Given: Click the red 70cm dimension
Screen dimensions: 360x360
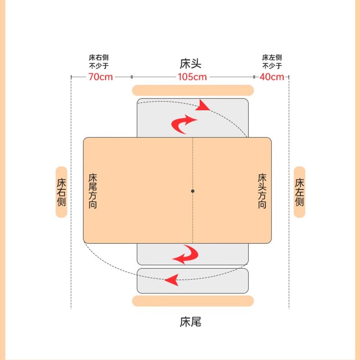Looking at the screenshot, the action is (x=100, y=77).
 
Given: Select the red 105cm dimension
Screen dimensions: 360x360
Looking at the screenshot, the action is (x=192, y=77).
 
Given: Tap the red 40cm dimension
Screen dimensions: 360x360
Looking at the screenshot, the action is (x=272, y=77).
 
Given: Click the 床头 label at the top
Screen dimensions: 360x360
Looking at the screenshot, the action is (x=190, y=63).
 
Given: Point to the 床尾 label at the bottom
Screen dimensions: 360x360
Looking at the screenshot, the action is (x=190, y=322).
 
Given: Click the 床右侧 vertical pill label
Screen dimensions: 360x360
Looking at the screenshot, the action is (x=62, y=192).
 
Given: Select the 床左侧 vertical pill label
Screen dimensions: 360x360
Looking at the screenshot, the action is (x=299, y=192).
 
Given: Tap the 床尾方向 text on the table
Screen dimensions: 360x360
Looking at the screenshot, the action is (x=93, y=191).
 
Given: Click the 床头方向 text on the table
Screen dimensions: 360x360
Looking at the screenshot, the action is (x=262, y=191).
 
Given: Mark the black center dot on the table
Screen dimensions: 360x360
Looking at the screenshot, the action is (x=193, y=191).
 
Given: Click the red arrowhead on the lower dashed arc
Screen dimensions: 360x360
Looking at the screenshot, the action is (x=172, y=279).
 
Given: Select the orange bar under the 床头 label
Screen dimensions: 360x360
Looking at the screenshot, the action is (x=193, y=90).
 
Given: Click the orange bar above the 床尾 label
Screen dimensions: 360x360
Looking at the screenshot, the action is (x=193, y=301).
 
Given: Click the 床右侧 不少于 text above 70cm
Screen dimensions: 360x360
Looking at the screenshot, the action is (x=98, y=62).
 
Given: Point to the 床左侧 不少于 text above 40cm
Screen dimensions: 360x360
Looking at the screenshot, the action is (x=272, y=62).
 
